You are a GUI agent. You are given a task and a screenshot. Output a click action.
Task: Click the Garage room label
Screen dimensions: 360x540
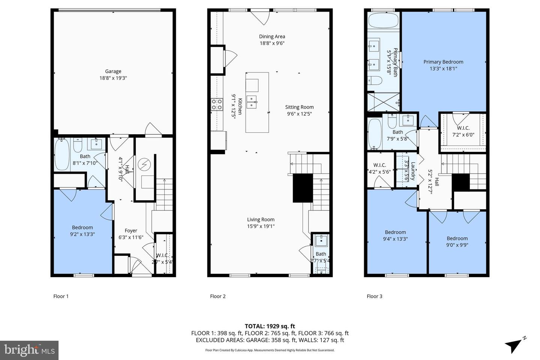pos(113,71)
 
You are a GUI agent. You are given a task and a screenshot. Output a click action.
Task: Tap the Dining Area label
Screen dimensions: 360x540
pos(272,37)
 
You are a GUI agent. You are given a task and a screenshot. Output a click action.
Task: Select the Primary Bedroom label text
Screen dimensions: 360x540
pos(443,62)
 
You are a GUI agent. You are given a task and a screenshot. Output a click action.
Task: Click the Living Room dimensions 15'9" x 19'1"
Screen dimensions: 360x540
pos(261,226)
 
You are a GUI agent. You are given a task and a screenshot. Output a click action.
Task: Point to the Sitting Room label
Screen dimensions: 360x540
pos(299,107)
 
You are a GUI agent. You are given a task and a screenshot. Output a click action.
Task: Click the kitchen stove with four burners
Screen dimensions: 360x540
pos(217,104)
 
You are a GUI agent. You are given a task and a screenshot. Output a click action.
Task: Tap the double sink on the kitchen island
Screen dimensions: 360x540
pos(252,102)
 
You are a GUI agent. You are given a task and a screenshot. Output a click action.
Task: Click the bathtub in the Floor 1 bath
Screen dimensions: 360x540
pos(62,154)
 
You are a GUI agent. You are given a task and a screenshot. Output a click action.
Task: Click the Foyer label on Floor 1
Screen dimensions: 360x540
pos(131,231)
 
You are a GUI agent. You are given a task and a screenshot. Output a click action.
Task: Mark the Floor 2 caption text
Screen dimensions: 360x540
pos(217,296)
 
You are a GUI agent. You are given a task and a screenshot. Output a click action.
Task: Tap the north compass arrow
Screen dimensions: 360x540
pos(514,344)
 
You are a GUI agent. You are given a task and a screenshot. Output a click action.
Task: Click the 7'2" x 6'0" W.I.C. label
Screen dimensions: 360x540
pos(463,131)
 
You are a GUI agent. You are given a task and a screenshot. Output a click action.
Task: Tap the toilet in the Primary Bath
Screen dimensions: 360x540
pos(374,81)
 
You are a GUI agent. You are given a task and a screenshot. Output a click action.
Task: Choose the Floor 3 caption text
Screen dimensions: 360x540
pos(374,296)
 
